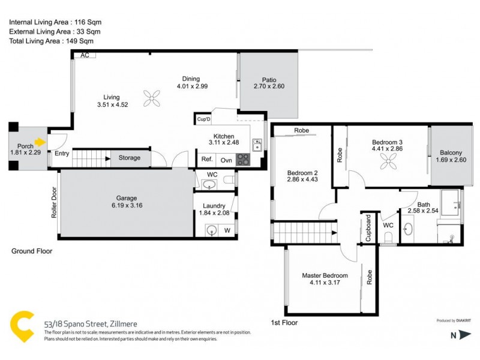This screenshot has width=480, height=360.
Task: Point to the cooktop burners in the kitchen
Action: [x=242, y=160]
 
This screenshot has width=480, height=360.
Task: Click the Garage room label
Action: [x=127, y=198]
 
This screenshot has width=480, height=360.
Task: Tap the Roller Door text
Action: [x=53, y=205]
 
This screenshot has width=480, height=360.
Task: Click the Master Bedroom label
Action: [x=325, y=276]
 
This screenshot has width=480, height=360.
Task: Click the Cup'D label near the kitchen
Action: [x=204, y=119]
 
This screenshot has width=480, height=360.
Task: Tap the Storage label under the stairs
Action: [x=129, y=158]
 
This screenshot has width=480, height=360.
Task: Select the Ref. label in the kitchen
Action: [x=207, y=160]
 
